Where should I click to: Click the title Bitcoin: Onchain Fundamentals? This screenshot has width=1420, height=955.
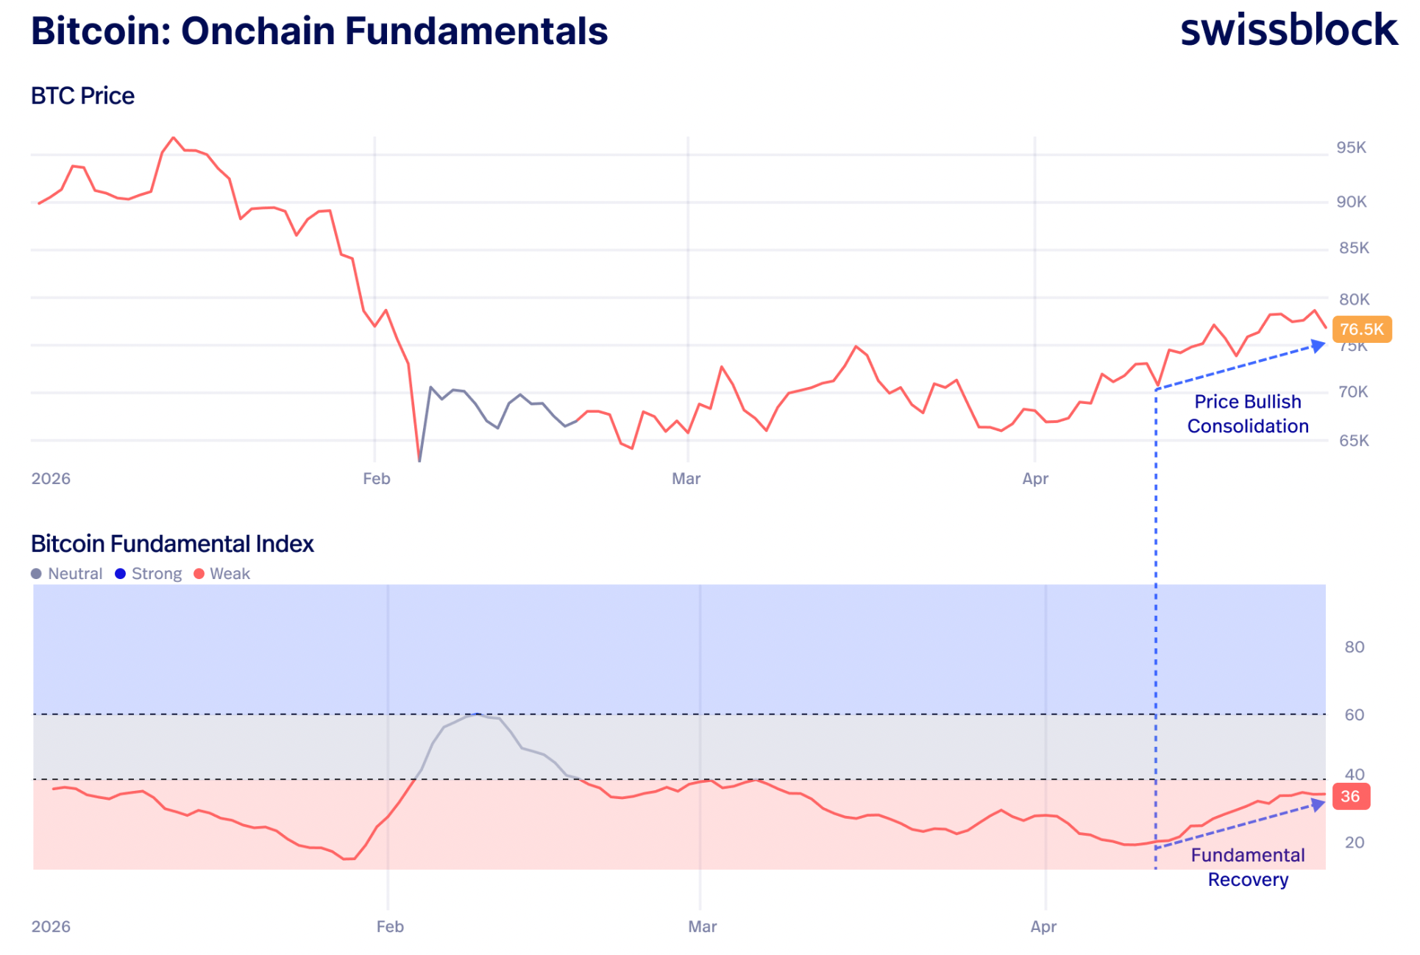(319, 31)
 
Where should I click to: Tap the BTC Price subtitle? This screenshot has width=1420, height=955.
(82, 96)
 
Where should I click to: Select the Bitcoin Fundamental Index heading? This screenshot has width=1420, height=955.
(172, 544)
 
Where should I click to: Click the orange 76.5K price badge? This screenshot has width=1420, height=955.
(1361, 329)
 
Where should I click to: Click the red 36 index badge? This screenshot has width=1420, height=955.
(1350, 796)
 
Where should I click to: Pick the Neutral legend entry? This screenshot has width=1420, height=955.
(67, 574)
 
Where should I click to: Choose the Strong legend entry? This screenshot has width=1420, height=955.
(149, 574)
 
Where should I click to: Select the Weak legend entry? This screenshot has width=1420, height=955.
(222, 574)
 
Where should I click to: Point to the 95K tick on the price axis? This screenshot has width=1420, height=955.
(1351, 148)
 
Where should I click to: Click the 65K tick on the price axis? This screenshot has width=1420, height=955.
(1354, 441)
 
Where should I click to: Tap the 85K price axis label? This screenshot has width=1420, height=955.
(1354, 248)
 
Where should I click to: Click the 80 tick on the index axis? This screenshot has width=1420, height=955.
(1354, 647)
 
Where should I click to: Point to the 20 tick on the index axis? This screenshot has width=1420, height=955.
(1354, 842)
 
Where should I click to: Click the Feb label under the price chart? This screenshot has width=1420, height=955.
(376, 479)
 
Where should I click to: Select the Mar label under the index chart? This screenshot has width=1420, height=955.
(702, 927)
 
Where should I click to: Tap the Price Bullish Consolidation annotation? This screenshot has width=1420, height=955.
(1248, 413)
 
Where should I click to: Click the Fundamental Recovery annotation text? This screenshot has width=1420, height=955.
(1248, 867)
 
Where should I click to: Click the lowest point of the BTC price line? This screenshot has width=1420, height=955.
(419, 461)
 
